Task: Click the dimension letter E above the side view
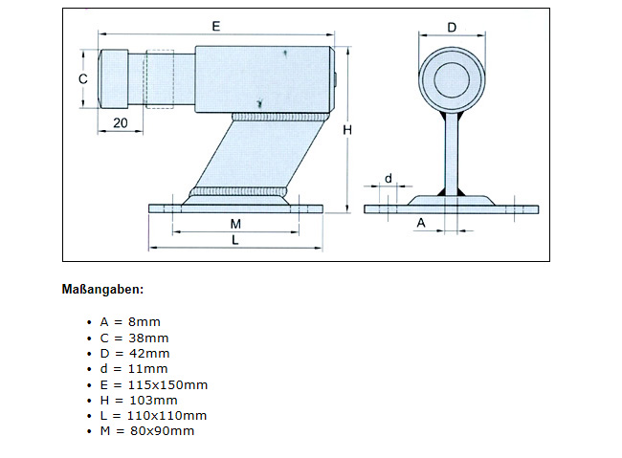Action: point(216,26)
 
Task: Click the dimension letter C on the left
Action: point(82,78)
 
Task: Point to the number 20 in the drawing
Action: point(122,122)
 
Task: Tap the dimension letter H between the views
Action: point(349,129)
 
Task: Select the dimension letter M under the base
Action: point(235,223)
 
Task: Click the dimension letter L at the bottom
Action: point(235,241)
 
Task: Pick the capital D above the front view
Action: point(452,26)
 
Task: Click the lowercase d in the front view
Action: point(388,178)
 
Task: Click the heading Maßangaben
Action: point(102,289)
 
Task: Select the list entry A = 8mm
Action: point(130,322)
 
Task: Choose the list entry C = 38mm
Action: point(134,338)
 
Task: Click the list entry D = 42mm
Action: point(134,353)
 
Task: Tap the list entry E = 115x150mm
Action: point(153,384)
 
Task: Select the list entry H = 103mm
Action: point(138,400)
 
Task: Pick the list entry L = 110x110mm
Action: point(153,415)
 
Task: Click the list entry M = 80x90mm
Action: point(146,430)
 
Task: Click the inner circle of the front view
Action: point(451,77)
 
